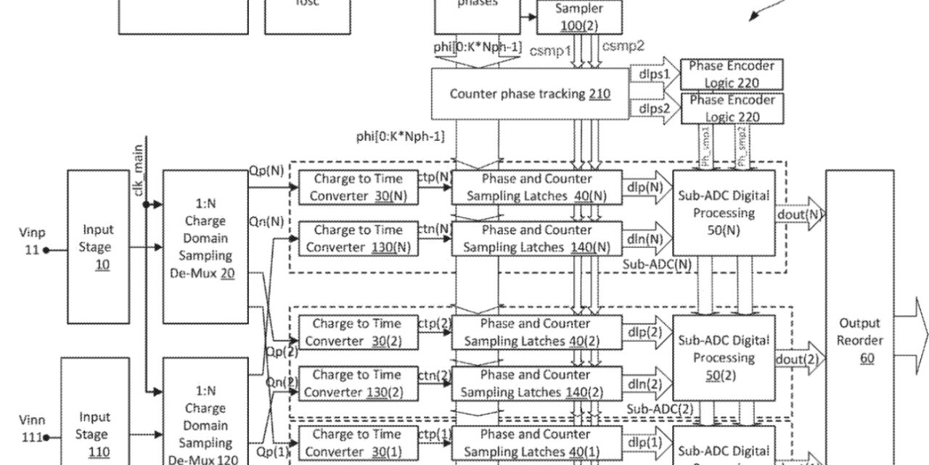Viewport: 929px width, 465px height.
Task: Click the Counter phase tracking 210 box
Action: coord(530,94)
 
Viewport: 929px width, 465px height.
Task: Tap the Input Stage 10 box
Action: coord(98,247)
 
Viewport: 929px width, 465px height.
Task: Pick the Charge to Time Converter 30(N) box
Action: coord(356,187)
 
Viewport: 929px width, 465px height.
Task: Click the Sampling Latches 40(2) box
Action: coord(536,332)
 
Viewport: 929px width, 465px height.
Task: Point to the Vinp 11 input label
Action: coord(31,241)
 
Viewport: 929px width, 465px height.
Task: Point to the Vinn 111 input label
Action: coord(31,429)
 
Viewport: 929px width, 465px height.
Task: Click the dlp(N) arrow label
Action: coord(645,187)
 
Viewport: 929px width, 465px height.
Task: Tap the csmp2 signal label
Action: coord(624,46)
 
